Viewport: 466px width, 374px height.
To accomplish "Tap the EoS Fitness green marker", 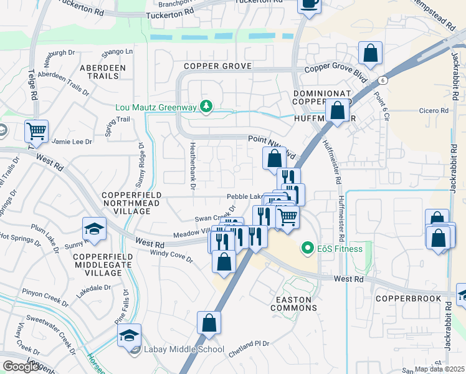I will tap(307, 249).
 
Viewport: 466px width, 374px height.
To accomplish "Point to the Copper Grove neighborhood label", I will tap(217, 66).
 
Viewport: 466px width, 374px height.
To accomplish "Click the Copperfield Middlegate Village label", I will tap(97, 265).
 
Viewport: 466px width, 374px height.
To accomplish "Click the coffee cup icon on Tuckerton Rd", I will tap(309, 4).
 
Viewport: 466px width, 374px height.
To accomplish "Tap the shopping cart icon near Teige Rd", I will tap(37, 132).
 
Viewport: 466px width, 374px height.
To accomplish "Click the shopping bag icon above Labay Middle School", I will tap(209, 323).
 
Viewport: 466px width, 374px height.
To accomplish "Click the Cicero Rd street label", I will tap(435, 111).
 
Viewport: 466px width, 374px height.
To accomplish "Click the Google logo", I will tap(21, 367).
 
